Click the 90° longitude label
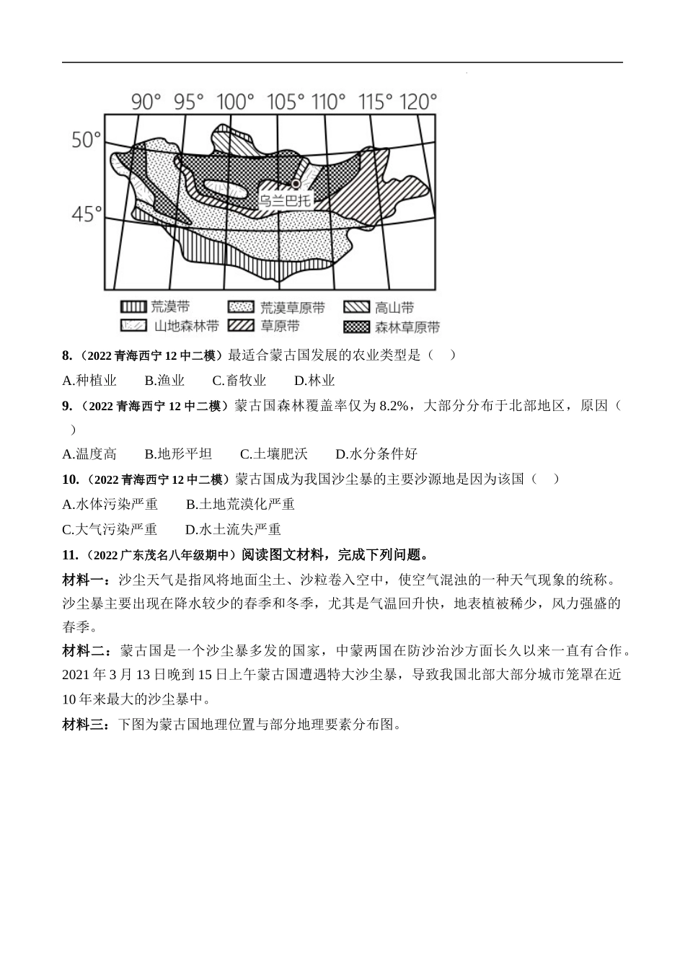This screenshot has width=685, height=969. pyautogui.click(x=146, y=102)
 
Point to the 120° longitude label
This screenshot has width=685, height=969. pyautogui.click(x=417, y=102)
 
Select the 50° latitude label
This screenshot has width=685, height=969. pyautogui.click(x=87, y=139)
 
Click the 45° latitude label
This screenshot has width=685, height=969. pyautogui.click(x=87, y=214)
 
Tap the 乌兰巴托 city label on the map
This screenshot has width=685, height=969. pyautogui.click(x=285, y=200)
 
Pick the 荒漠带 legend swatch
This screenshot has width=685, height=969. pyautogui.click(x=133, y=306)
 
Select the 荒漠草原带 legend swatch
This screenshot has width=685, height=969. pyautogui.click(x=242, y=306)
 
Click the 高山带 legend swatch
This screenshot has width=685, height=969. pyautogui.click(x=356, y=306)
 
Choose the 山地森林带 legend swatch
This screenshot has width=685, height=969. pyautogui.click(x=133, y=326)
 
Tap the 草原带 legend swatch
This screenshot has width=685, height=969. pyautogui.click(x=242, y=326)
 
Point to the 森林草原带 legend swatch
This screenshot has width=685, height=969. pyautogui.click(x=356, y=326)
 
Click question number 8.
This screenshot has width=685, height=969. pyautogui.click(x=68, y=355)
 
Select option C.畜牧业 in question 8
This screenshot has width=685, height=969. pyautogui.click(x=239, y=381)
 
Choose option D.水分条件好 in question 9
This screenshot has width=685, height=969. pyautogui.click(x=376, y=454)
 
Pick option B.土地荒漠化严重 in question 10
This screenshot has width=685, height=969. pyautogui.click(x=240, y=505)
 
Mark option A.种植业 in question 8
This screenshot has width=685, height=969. pyautogui.click(x=89, y=381)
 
